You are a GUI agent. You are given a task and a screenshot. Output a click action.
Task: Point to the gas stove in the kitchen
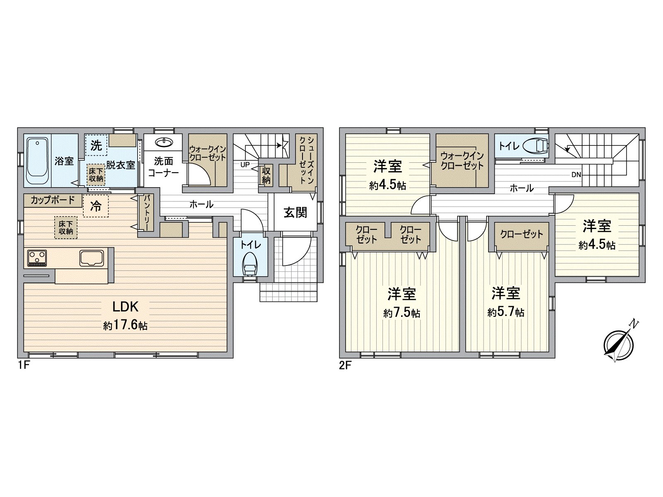click(37, 258)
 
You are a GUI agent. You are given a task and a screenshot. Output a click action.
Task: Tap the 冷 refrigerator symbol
click(96, 206)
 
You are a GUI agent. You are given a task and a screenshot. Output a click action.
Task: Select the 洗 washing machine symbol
click(96, 146)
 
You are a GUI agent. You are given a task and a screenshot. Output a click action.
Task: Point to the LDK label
click(125, 306)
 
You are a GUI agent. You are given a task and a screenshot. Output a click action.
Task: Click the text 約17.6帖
click(125, 326)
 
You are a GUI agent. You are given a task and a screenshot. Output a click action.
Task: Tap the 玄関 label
click(295, 212)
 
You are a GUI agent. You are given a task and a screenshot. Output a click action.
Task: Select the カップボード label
click(52, 200)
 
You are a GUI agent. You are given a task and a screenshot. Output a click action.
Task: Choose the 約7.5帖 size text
click(402, 313)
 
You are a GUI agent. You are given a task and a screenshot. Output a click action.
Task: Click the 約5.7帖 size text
click(506, 312)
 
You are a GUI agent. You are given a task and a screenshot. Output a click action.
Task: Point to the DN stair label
click(576, 175)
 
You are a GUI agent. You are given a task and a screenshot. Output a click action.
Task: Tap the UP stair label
click(245, 164)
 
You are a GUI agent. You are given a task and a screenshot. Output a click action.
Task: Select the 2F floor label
click(345, 366)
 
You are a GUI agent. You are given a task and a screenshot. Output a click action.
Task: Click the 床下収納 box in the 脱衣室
click(96, 175)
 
